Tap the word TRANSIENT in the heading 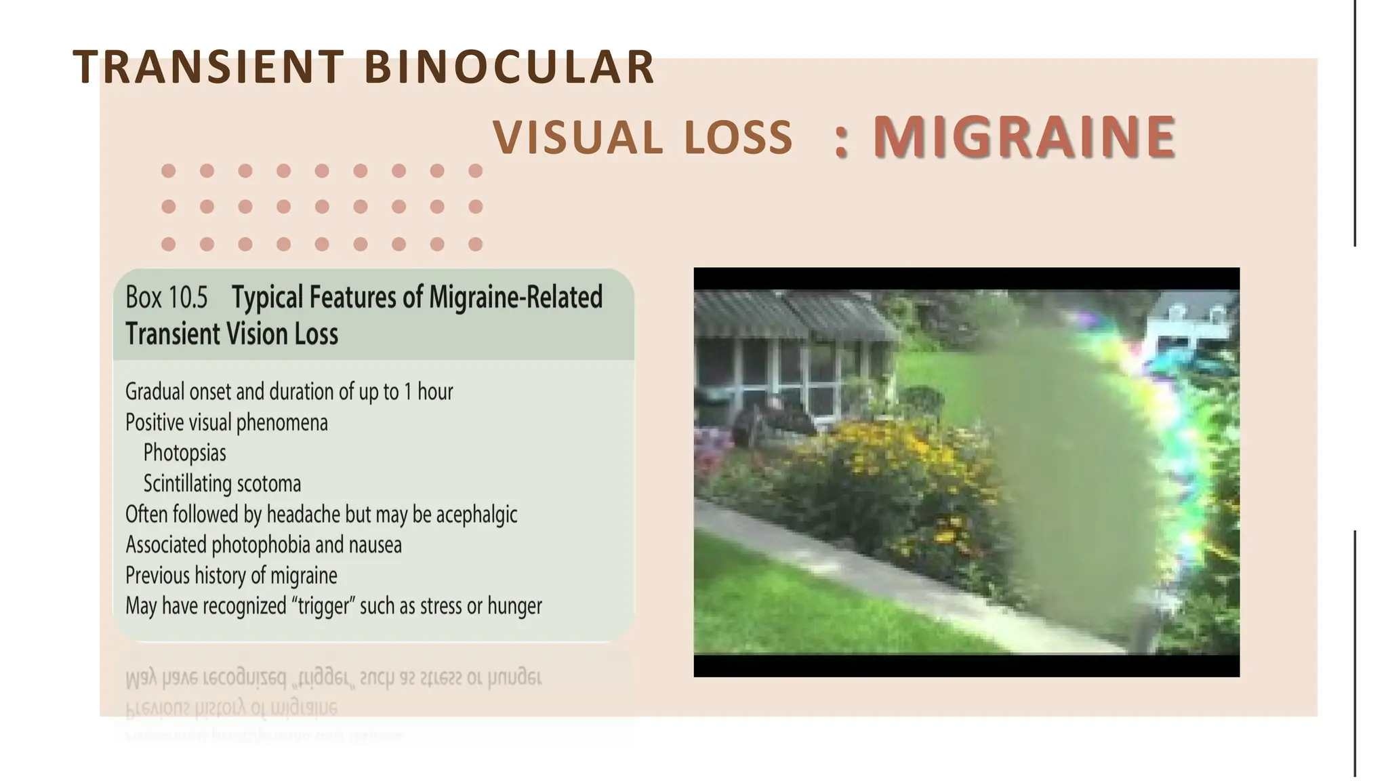coord(209,67)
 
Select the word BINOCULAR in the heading coord(509,67)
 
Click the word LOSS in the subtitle coord(738,138)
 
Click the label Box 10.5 coord(167,298)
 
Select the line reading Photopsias coord(184,453)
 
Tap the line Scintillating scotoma coord(222,484)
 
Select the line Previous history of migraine coord(231,576)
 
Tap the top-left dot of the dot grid coord(169,171)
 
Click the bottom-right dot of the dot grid coord(476,244)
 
